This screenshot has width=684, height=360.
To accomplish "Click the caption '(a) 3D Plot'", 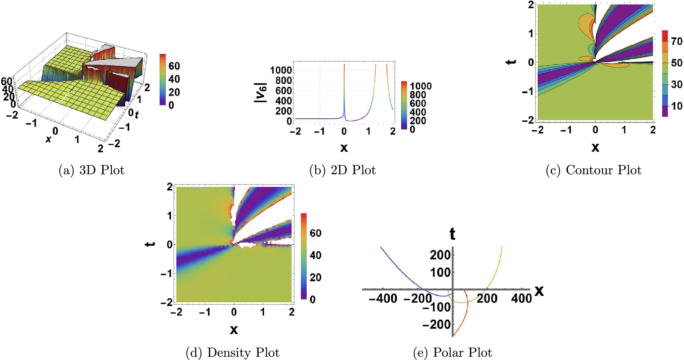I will point(91,170).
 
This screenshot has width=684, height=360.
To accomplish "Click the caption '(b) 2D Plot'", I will point(342,170).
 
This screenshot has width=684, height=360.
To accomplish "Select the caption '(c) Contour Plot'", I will point(593,170).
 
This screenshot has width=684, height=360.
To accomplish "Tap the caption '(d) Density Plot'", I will point(232,352).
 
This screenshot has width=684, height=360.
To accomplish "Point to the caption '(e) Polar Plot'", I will point(452,352).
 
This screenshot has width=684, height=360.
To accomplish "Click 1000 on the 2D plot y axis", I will point(281,70).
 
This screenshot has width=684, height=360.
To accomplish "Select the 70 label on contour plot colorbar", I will point(676,42).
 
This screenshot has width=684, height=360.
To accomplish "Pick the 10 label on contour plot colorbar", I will point(676,106).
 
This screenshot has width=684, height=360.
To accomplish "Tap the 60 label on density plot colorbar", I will point(315,233).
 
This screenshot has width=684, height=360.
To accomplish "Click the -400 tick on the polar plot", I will point(383,299).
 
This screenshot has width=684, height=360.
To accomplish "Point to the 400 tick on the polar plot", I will point(521,299).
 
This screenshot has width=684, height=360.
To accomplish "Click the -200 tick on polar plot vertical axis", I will point(437,325).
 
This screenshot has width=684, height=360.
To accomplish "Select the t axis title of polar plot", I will point(452,234).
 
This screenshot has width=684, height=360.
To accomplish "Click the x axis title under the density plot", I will point(234,329).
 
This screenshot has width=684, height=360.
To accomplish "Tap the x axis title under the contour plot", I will point(595,147).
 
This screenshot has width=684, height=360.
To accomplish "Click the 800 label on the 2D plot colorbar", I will point(418,95).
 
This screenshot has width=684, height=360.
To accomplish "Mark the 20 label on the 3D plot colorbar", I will point(174,92).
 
